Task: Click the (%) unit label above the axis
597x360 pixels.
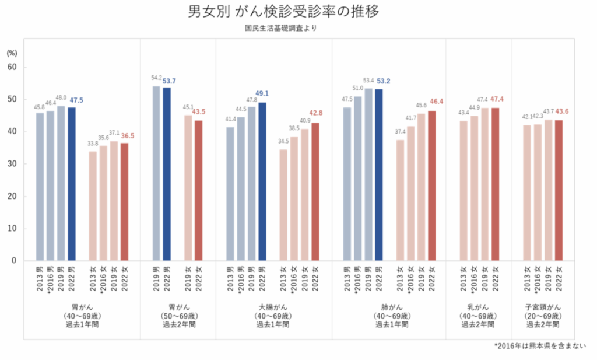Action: (x=12, y=53)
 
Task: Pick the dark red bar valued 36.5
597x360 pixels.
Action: (x=124, y=201)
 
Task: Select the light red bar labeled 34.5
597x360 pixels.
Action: (x=283, y=205)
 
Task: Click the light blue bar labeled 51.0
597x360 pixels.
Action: (x=358, y=179)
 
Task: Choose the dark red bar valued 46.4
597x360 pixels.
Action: (x=431, y=186)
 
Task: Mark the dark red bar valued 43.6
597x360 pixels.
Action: (x=559, y=190)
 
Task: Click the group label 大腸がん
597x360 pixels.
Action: (x=272, y=306)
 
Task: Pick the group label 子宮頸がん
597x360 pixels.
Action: (x=543, y=306)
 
